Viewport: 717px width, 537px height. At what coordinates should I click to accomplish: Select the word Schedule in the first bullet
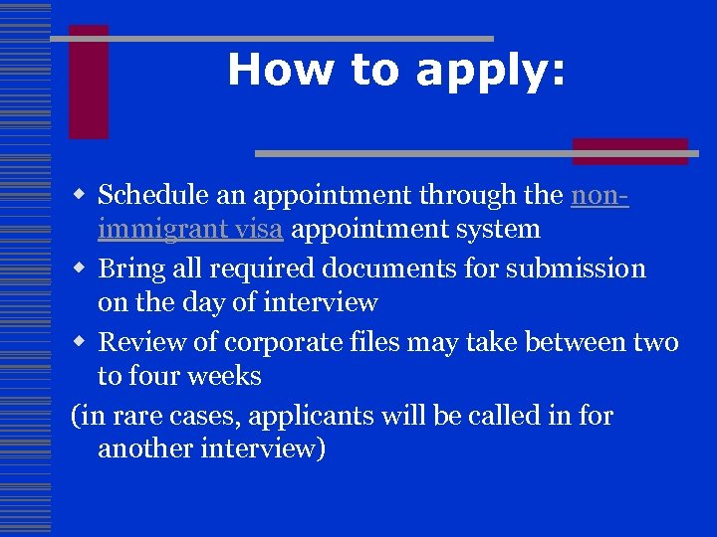click(153, 194)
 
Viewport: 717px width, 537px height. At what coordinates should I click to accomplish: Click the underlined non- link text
click(599, 194)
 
